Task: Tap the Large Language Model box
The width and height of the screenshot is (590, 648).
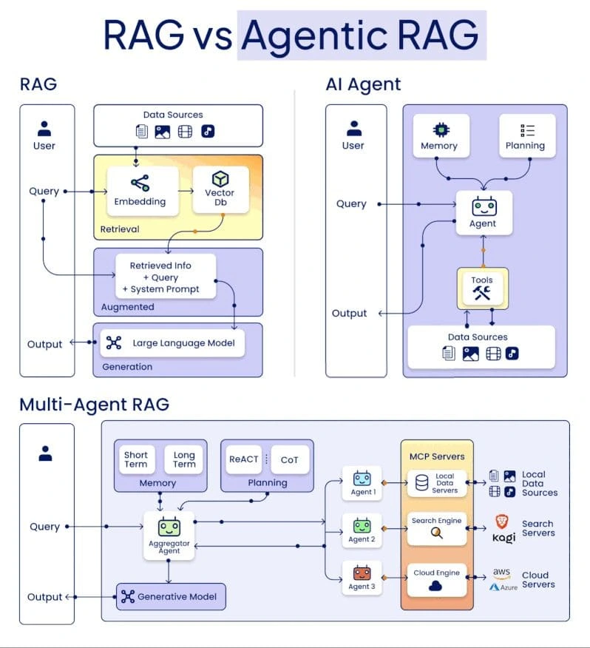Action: (172, 342)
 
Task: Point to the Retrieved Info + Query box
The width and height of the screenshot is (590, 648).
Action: (165, 277)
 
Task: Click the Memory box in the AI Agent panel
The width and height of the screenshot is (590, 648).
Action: (439, 135)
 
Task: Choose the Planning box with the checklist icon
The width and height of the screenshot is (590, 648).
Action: (526, 135)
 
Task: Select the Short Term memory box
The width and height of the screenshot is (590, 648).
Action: (136, 459)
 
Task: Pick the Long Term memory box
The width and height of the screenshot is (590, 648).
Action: (184, 459)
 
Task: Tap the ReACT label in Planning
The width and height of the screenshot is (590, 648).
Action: (244, 459)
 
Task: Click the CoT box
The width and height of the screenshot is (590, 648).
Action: (289, 459)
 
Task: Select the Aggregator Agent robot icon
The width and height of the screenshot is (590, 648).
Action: (169, 527)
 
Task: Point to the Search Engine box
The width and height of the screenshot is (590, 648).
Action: (436, 527)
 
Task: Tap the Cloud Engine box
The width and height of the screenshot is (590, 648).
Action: (436, 579)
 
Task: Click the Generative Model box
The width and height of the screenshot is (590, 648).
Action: (171, 596)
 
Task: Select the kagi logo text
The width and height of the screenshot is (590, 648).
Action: (503, 538)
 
